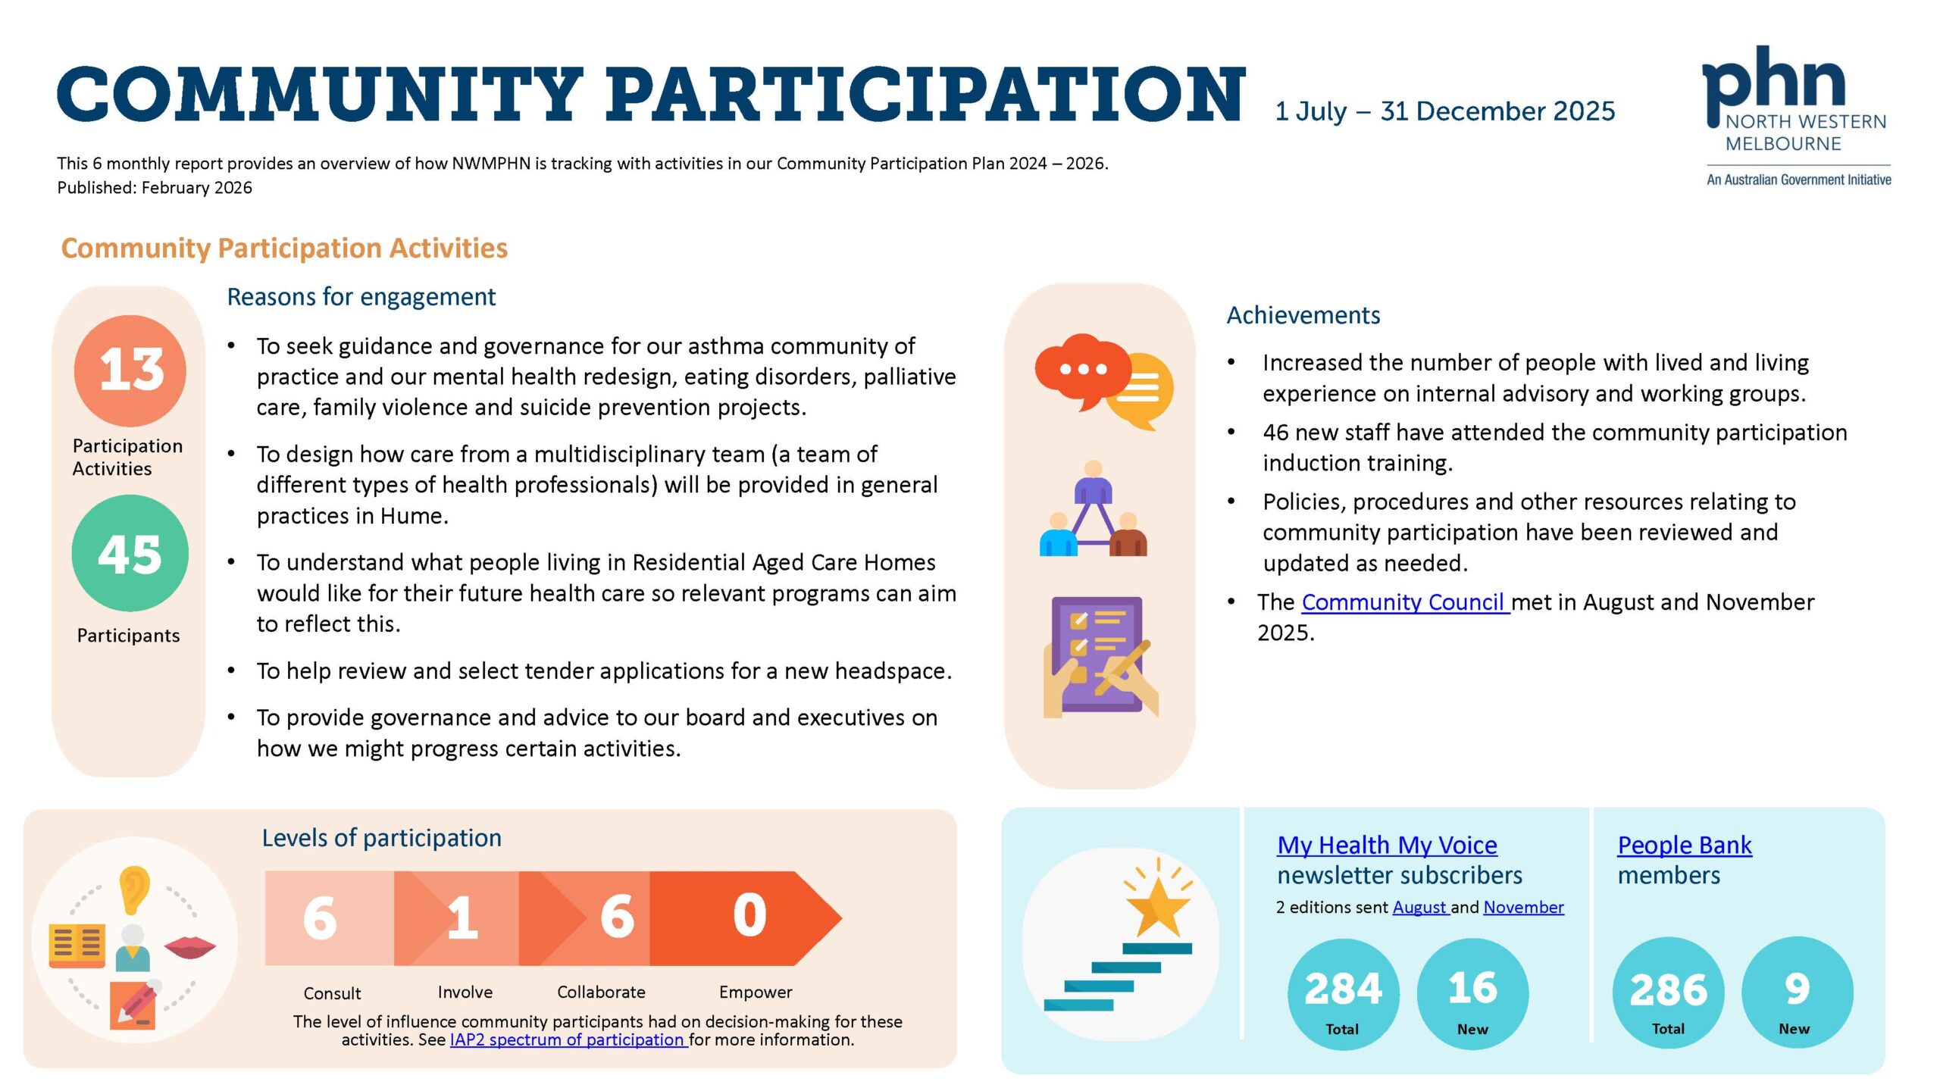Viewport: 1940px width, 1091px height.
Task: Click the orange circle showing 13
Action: [x=130, y=370]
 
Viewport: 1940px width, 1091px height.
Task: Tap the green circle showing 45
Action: [x=130, y=553]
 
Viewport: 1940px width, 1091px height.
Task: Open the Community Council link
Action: [x=1404, y=602]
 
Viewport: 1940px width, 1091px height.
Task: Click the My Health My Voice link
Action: [x=1387, y=844]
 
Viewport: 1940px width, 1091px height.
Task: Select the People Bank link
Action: [x=1684, y=844]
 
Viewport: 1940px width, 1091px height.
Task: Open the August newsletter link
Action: [x=1419, y=907]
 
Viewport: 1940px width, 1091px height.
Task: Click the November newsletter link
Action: [x=1523, y=907]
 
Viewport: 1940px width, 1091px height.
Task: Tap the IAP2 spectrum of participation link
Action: [x=568, y=1039]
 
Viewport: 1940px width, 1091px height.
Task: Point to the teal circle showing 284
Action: [x=1343, y=993]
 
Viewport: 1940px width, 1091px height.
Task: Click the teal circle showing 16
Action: [x=1472, y=993]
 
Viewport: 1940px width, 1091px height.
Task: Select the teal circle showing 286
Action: [x=1669, y=993]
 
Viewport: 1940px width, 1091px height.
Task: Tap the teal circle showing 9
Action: [x=1797, y=992]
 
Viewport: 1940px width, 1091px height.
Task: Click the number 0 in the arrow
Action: [x=749, y=916]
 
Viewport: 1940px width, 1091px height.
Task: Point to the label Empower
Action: [x=756, y=992]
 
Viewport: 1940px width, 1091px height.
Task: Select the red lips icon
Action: [x=189, y=946]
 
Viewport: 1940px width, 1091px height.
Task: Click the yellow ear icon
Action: [x=134, y=888]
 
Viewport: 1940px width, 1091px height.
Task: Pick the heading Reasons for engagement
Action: [x=361, y=296]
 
